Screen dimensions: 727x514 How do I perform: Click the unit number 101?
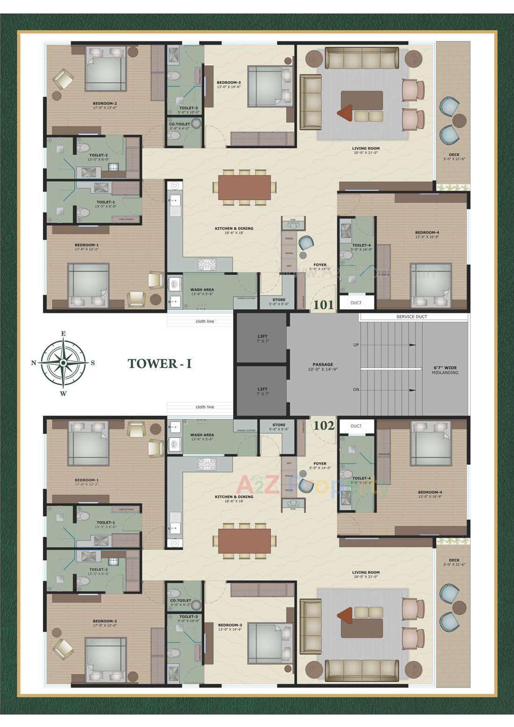coord(324,305)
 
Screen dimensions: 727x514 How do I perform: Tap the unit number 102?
coord(324,425)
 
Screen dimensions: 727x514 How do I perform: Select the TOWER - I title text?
coord(159,364)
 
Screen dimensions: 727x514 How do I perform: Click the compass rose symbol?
coord(63,363)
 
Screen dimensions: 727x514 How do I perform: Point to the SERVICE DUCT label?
coord(411,316)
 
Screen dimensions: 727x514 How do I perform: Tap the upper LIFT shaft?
coord(262,338)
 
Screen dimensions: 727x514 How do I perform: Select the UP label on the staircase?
coord(356,345)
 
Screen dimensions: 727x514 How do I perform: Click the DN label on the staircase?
coord(356,390)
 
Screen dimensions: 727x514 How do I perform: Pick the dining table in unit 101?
coord(244,187)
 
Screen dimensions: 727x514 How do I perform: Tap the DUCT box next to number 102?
coord(356,426)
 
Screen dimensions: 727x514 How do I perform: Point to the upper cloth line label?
coord(205,321)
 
